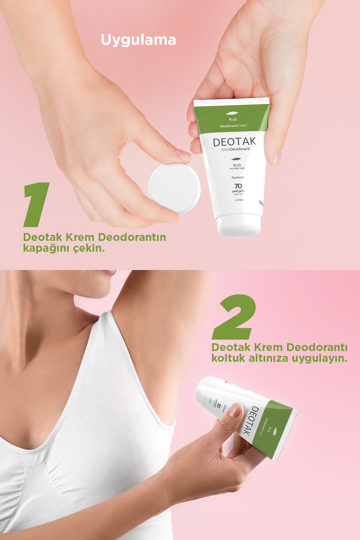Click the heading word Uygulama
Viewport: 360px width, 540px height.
tap(138, 40)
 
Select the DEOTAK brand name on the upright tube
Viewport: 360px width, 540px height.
tap(234, 142)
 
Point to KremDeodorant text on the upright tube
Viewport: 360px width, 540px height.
tap(235, 149)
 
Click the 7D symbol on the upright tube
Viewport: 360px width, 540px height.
tap(238, 186)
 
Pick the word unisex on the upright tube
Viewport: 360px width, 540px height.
tap(239, 200)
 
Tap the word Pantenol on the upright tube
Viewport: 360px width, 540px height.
tap(238, 178)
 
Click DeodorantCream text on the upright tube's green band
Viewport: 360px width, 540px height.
tap(233, 126)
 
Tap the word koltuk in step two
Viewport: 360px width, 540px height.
tap(228, 358)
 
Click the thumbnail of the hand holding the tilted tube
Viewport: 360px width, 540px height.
tap(235, 410)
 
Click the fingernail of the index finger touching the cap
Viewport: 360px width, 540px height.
tap(183, 155)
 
